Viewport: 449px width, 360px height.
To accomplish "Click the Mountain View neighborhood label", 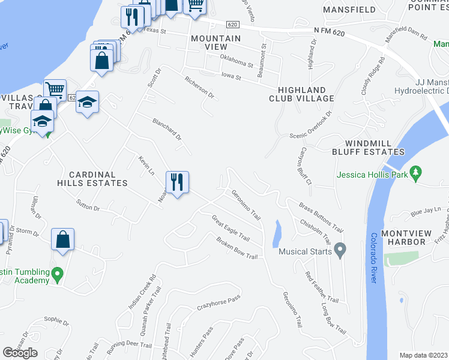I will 215,43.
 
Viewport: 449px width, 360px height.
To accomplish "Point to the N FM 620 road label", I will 330,30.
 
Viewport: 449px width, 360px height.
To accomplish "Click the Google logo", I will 20,353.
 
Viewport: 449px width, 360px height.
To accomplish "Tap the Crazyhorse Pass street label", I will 218,303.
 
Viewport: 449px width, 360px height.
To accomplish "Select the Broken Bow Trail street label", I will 237,248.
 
